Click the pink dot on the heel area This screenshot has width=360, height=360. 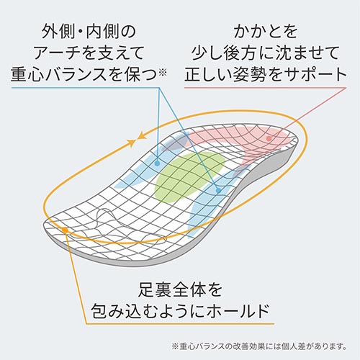[269, 138]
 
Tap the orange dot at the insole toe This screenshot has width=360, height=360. [65, 230]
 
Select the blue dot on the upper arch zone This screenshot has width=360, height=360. [157, 163]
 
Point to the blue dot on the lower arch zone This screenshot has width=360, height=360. [218, 191]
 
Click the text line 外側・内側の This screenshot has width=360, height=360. [89, 32]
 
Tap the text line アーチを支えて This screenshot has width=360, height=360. [89, 53]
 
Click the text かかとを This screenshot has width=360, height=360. [266, 32]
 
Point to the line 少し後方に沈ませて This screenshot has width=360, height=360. [266, 53]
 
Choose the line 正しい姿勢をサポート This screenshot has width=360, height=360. [266, 74]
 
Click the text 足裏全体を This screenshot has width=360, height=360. [180, 290]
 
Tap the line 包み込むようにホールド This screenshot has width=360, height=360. [180, 311]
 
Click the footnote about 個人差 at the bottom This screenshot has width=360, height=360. [259, 346]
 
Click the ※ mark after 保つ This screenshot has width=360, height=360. [163, 72]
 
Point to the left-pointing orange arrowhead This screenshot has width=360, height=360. [142, 136]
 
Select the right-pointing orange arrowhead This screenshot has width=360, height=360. [131, 143]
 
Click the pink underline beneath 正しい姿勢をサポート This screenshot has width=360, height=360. [266, 87]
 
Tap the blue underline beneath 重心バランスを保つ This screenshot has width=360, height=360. [86, 87]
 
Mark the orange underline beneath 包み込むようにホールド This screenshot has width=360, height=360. [180, 324]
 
